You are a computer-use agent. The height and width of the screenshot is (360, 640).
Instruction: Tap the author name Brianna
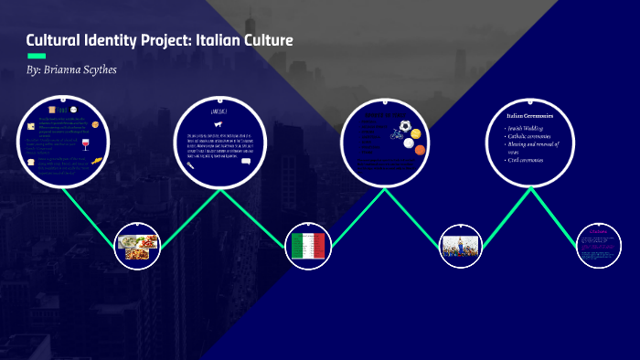69,70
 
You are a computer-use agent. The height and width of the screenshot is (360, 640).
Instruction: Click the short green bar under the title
36,56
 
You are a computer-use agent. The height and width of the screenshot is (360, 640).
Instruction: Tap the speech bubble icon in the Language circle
245,162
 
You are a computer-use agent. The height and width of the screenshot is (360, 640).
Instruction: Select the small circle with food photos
138,244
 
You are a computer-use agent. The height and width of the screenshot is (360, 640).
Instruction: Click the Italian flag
308,244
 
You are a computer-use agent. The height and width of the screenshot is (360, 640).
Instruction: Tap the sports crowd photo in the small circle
462,244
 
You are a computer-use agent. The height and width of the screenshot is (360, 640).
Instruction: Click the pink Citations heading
598,232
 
